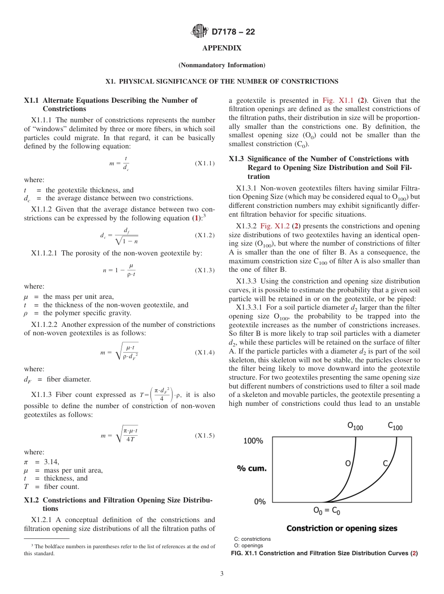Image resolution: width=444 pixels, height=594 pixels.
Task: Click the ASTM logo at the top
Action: [x=200, y=32]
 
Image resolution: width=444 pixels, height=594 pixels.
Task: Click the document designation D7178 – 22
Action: [x=233, y=32]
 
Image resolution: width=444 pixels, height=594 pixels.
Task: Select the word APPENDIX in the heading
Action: [x=222, y=49]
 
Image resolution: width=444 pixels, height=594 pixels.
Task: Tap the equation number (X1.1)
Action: [x=205, y=164]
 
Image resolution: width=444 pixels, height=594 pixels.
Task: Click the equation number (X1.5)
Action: [x=205, y=436]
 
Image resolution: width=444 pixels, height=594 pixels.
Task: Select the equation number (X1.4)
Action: [x=205, y=353]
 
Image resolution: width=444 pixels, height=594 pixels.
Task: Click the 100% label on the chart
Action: [x=253, y=441]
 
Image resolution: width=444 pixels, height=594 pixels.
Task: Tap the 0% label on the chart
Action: [x=259, y=502]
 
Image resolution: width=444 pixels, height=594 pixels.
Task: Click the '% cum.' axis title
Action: [x=252, y=468]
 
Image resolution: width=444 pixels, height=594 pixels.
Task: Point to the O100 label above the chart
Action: [x=355, y=426]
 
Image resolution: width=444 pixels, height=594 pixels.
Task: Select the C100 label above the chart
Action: [x=395, y=426]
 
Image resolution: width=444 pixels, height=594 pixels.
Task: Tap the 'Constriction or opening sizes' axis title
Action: [x=342, y=528]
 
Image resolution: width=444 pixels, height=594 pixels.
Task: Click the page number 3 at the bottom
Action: [x=222, y=574]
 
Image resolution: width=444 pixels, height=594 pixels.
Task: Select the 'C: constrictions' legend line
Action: [x=252, y=539]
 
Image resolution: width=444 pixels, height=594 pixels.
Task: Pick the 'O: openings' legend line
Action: [x=249, y=545]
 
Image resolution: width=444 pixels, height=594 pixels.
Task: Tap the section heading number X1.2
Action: [x=32, y=500]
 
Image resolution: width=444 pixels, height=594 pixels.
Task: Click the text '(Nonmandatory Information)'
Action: [x=222, y=65]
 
